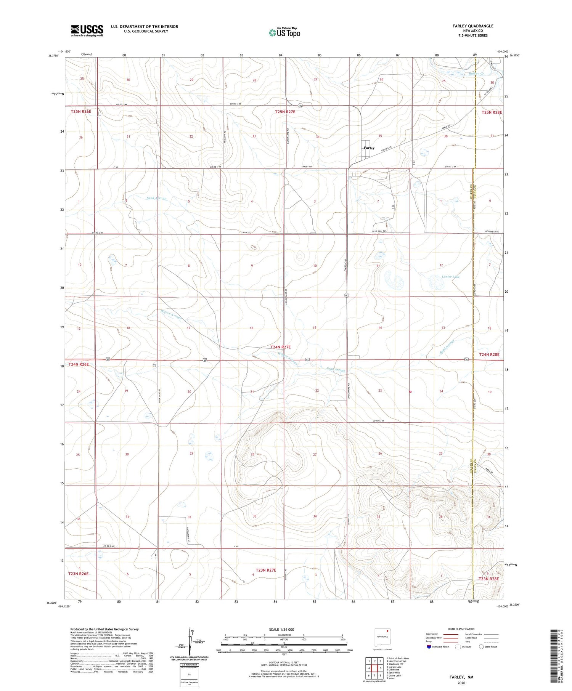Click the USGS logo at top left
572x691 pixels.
[x=87, y=30]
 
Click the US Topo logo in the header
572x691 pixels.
[x=284, y=33]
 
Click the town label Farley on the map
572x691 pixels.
[x=369, y=148]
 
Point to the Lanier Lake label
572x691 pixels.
[x=450, y=277]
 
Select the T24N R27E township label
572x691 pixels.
[x=280, y=347]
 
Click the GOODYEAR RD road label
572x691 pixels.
[x=492, y=232]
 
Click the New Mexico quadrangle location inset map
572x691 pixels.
[x=382, y=637]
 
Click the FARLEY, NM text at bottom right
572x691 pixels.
[x=461, y=677]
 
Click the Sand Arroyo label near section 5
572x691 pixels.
[x=157, y=198]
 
